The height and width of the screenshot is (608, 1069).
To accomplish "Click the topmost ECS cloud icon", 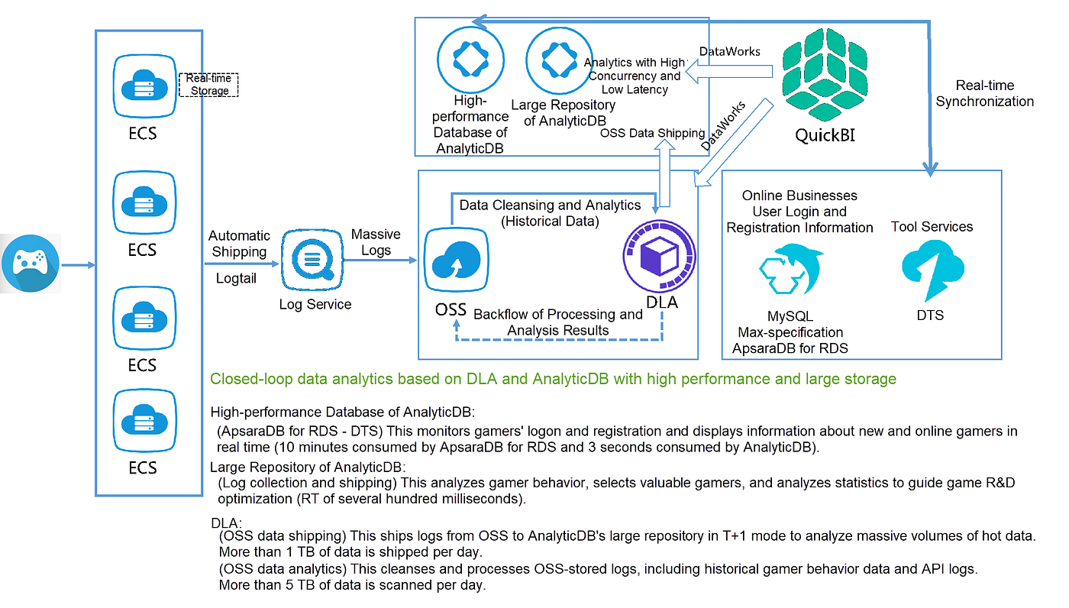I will point(144,86).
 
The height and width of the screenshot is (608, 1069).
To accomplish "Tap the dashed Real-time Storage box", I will point(209,85).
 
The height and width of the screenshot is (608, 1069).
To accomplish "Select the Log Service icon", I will point(315,260).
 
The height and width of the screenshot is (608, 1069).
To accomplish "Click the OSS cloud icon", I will point(457,261).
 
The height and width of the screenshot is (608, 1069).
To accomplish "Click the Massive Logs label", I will point(376,242).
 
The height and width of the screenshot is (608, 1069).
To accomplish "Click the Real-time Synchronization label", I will point(985,93).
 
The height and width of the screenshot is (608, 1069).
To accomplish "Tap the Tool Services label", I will point(932,227).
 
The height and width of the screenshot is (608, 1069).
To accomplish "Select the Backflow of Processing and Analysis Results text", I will point(558,322).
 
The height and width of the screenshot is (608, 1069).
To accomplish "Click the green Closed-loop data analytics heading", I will point(553,379).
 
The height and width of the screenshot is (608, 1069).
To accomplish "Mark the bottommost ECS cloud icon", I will point(144,422).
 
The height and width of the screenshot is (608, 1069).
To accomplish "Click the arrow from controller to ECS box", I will point(77,265).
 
